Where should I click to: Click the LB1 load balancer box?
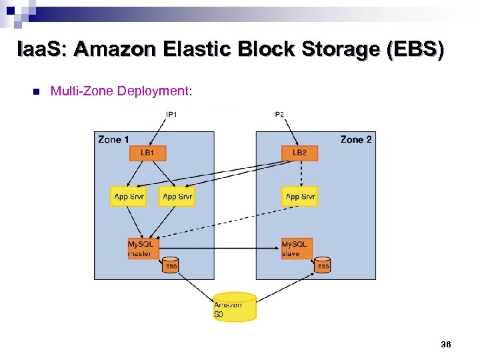147,153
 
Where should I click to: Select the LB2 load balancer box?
300,153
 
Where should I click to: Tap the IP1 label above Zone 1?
171,115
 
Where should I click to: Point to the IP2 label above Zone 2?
279,115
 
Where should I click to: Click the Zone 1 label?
113,139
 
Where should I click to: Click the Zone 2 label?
356,139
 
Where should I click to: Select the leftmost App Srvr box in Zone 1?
129,197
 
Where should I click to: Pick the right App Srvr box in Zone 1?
177,197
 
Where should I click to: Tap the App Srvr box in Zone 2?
300,197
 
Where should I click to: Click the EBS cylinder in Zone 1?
171,265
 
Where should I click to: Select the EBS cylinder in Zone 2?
323,265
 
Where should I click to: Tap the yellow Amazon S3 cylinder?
235,307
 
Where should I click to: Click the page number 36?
445,344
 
